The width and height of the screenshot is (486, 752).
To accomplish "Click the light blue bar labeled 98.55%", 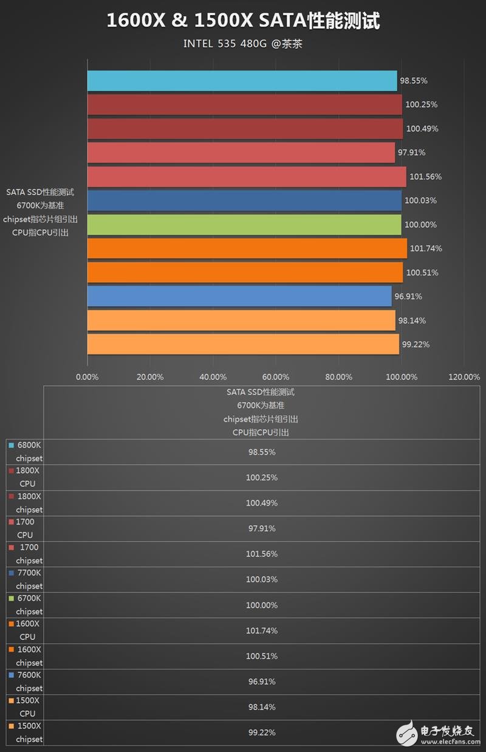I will [242, 81].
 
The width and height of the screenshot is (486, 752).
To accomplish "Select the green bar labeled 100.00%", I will [244, 225].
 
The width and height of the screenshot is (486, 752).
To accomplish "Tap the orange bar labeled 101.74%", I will [247, 249].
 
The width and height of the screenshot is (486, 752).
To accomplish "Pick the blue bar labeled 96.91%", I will [239, 297].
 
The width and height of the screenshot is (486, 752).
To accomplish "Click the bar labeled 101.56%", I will [246, 177].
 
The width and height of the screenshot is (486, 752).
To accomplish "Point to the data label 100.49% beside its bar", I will [422, 129].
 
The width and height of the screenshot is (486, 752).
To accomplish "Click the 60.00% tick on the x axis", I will [276, 377].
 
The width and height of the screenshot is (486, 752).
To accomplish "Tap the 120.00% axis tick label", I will [464, 377].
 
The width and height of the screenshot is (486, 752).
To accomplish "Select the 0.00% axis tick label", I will [87, 377].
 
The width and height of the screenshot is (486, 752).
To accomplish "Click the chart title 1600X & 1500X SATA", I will [243, 21].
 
